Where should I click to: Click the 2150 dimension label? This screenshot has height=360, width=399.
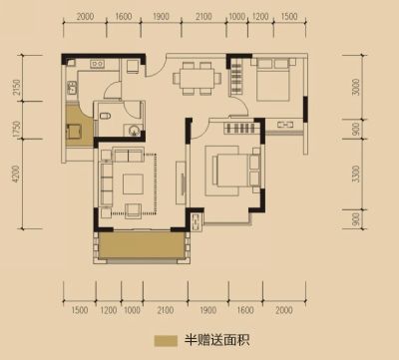17,87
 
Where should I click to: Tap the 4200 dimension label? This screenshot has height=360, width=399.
16,174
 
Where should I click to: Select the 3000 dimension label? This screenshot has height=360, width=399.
356,87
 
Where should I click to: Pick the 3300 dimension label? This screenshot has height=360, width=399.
356,174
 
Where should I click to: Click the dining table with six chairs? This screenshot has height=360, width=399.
197,79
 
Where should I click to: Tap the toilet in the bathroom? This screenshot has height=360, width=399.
106,117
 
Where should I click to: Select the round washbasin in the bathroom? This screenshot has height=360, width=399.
134,130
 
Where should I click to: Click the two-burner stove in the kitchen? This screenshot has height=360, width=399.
98,63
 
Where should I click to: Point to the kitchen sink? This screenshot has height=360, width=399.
71,88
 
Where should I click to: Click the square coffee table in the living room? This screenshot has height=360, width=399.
133,183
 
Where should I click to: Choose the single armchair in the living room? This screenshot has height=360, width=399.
134,209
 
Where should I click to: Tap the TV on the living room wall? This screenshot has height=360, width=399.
183,183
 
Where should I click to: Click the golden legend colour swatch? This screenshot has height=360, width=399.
166,341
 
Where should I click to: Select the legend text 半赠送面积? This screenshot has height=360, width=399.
217,340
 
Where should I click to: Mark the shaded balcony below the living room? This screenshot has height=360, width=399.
142,245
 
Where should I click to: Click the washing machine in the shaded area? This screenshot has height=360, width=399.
73,132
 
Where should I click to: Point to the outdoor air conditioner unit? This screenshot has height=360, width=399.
196,220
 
